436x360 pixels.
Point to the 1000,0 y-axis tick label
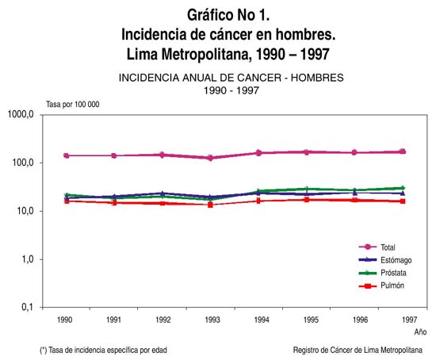[21, 114]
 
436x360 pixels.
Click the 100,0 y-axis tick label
[23, 163]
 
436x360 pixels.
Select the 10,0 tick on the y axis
[25, 211]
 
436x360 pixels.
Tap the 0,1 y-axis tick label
[27, 308]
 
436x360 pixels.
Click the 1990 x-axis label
[64, 320]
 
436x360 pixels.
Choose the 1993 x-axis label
[212, 320]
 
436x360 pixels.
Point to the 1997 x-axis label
[409, 320]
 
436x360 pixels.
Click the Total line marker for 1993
[211, 158]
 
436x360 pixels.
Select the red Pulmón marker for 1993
[210, 205]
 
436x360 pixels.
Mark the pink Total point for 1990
[67, 155]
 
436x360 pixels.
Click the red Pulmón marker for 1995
[307, 200]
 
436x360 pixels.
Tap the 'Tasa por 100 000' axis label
[73, 105]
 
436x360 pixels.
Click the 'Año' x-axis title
[420, 332]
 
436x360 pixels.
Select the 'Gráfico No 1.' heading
[228, 15]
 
